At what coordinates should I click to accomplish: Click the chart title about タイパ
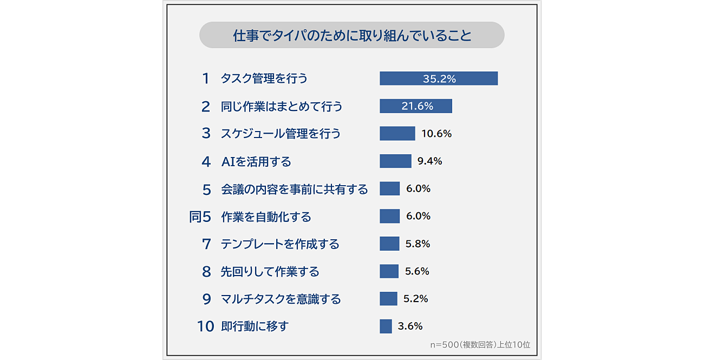[352, 36]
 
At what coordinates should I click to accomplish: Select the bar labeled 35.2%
[438, 78]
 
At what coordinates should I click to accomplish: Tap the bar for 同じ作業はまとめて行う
[415, 106]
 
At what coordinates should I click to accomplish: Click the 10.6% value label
[436, 134]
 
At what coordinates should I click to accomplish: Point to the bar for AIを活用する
[395, 161]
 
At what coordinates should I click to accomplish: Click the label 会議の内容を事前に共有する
[294, 189]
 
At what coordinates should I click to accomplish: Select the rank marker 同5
[199, 217]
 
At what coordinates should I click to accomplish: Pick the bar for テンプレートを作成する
[389, 244]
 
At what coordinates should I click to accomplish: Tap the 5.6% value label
[417, 272]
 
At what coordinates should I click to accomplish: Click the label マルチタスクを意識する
[281, 299]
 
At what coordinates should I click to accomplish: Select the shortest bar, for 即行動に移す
[386, 326]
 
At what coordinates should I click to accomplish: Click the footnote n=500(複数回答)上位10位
[480, 344]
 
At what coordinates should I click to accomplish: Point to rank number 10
[205, 327]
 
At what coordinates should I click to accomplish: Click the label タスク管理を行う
[264, 78]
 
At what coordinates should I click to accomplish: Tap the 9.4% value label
[430, 161]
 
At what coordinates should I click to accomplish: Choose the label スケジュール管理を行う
[281, 134]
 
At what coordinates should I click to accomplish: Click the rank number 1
[205, 78]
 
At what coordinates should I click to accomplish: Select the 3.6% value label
[410, 326]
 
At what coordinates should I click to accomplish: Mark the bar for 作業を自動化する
[389, 217]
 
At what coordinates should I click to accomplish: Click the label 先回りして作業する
[270, 272]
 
